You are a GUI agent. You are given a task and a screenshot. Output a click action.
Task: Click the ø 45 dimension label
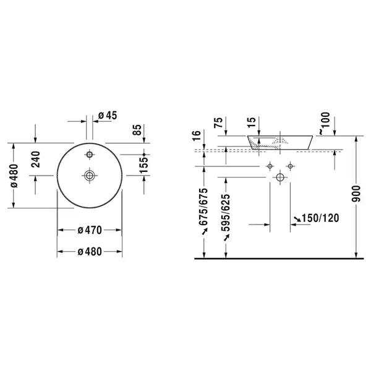pyautogui.click(x=108, y=116)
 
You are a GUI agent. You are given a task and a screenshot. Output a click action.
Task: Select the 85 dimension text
pyautogui.click(x=137, y=130)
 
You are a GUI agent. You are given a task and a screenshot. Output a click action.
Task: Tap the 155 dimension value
pyautogui.click(x=143, y=165)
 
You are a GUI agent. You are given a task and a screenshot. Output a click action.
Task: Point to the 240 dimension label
pyautogui.click(x=36, y=160)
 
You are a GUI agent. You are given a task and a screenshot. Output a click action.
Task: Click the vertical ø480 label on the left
pyautogui.click(x=14, y=176)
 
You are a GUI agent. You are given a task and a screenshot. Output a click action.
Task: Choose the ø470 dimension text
pyautogui.click(x=90, y=230)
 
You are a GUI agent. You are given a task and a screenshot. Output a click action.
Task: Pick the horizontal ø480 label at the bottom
pyautogui.click(x=90, y=252)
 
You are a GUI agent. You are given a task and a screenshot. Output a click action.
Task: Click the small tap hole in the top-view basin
pyautogui.click(x=90, y=155)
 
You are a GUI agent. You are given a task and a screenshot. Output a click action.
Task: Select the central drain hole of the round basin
pyautogui.click(x=90, y=176)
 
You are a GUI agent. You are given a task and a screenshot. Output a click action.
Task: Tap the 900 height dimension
pyautogui.click(x=356, y=194)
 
